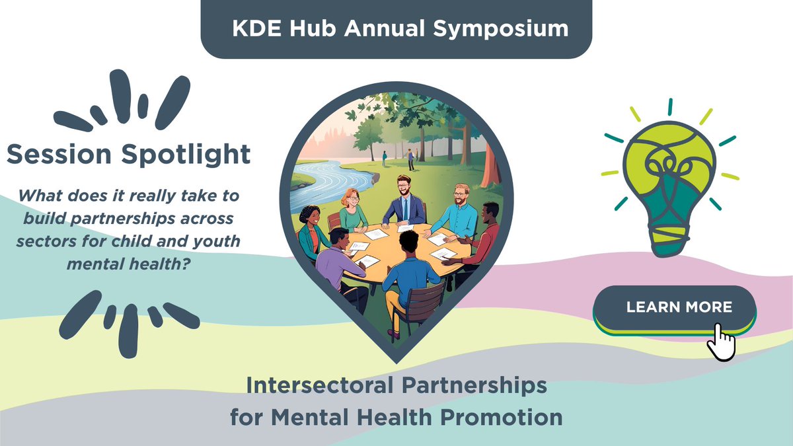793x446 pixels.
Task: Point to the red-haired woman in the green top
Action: [x=352, y=210]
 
